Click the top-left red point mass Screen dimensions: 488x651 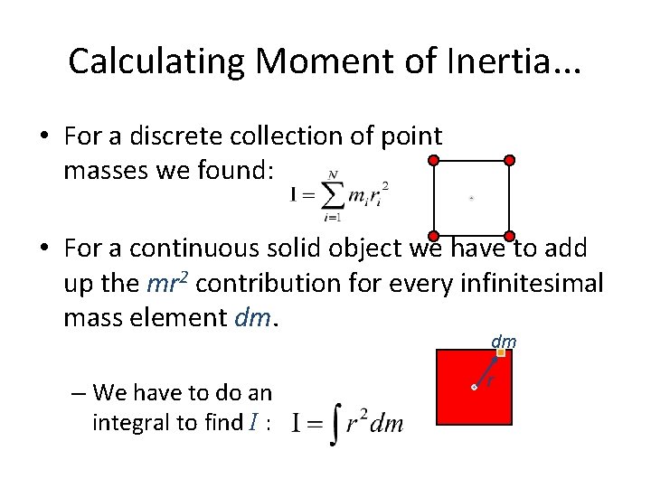pos(433,160)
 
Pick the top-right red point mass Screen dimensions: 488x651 pos(509,160)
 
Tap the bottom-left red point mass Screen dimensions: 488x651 pos(433,235)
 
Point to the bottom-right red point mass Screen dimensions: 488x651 pos(509,235)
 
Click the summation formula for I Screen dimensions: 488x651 pos(340,194)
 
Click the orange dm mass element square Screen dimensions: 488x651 pos(500,353)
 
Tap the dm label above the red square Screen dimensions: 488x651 pos(504,341)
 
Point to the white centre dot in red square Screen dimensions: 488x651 pos(474,387)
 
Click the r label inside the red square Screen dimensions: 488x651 pos(490,382)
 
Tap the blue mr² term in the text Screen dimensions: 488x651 pos(168,283)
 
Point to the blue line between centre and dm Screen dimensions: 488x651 pos(486,371)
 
